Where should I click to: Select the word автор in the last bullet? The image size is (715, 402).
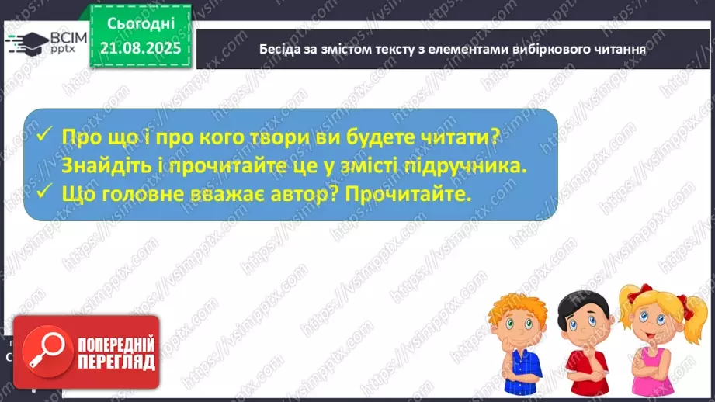pyautogui.click(x=293, y=194)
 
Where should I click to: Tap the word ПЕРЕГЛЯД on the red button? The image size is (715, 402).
pyautogui.click(x=116, y=362)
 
